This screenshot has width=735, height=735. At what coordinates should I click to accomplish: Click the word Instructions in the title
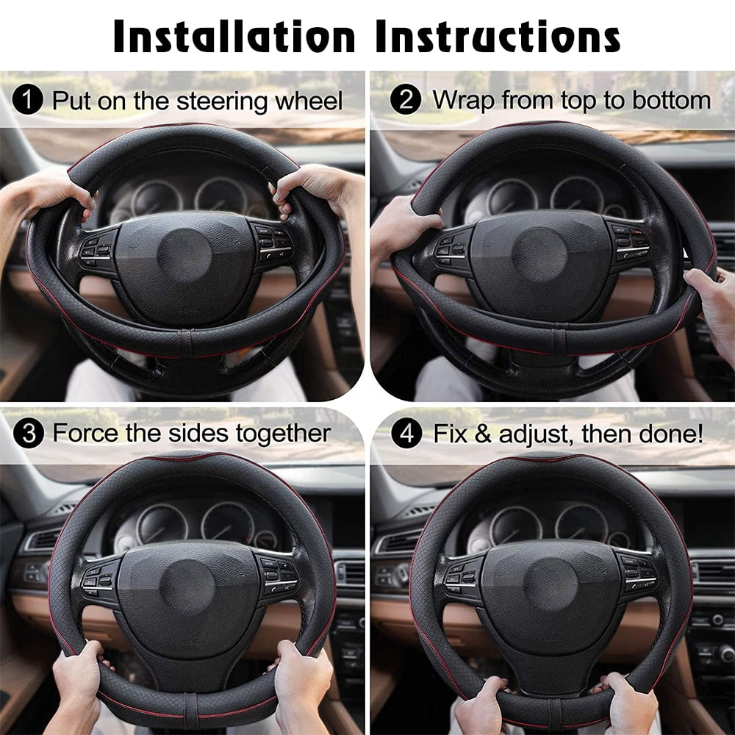point(498,35)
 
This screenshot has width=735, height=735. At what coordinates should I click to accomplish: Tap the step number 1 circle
point(29,99)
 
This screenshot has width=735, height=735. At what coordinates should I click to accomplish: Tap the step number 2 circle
point(406,99)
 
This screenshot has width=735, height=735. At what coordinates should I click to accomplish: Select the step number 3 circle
point(29,433)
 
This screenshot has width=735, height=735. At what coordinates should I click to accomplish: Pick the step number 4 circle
point(406,433)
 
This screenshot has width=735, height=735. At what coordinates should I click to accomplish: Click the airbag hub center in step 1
point(184,257)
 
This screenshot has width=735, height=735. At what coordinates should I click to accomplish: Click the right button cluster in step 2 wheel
point(629,246)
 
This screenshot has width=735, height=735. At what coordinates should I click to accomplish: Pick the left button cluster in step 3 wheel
point(101,577)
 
